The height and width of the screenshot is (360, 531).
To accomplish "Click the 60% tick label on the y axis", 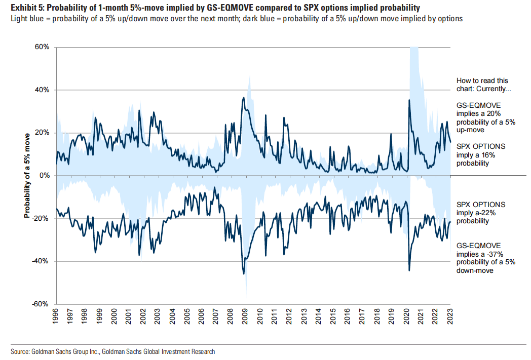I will click(x=42, y=47).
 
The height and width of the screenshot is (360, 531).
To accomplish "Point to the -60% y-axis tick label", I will click(x=41, y=304).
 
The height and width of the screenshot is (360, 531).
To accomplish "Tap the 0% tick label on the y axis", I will click(x=44, y=175).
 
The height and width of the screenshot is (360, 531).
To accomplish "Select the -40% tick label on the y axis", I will click(x=41, y=261).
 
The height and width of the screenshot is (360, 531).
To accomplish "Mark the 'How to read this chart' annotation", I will click(x=482, y=85).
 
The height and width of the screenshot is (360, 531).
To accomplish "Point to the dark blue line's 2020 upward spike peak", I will click(x=409, y=100).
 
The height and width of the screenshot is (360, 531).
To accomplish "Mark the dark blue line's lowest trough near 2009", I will click(x=244, y=274).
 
